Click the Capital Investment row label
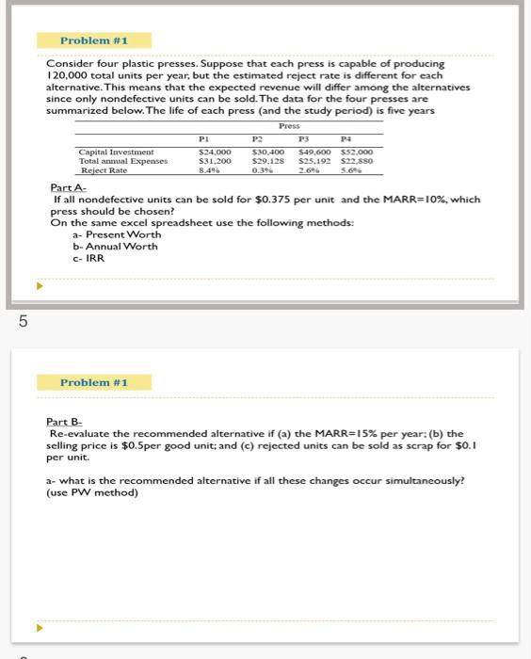(118, 151)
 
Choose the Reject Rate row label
(104, 170)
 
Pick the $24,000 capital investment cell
(215, 151)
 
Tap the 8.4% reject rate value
(209, 170)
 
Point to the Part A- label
(69, 188)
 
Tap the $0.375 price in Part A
(258, 200)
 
